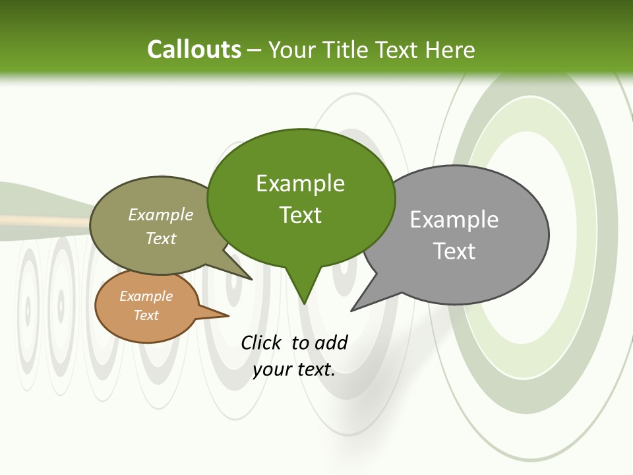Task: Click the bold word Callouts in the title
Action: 194,49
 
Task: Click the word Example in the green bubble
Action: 300,183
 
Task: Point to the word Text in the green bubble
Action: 300,215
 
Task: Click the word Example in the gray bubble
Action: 454,220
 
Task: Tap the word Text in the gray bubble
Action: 454,251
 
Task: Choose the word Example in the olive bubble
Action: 160,214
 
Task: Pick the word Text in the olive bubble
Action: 160,238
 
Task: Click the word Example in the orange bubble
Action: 146,296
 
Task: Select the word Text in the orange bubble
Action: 146,315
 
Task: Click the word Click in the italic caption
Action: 262,342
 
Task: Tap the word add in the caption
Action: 331,342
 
